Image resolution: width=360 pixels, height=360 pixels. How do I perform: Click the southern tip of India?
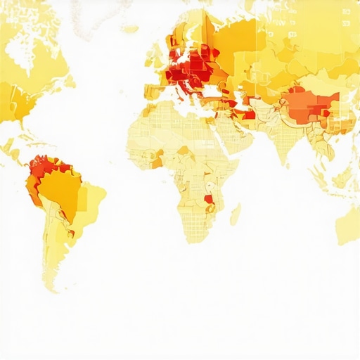(285, 160)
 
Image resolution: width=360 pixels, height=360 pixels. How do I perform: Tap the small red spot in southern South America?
(71, 233)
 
